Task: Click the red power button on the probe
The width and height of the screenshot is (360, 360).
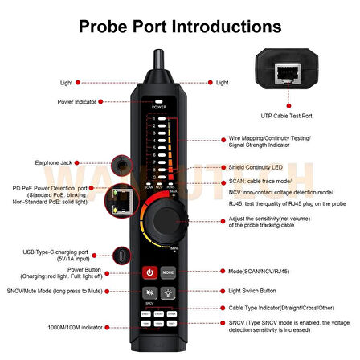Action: (x=149, y=272)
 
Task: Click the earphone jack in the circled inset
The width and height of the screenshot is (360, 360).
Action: (x=121, y=166)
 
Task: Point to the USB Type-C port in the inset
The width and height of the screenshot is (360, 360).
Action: (x=121, y=256)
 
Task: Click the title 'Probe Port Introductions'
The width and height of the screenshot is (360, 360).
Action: (x=180, y=27)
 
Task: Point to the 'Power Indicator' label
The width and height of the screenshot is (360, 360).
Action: (x=78, y=102)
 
